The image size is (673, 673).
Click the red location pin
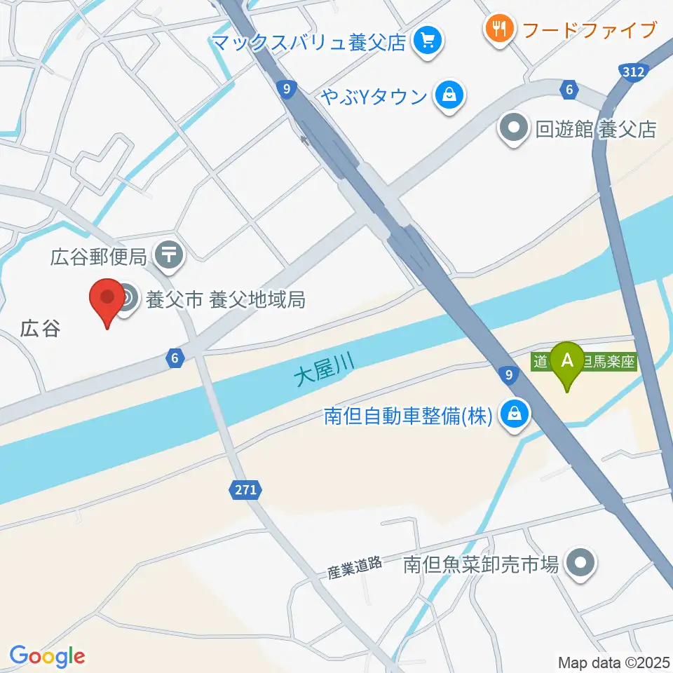(x=107, y=300)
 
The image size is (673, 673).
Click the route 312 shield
(x=634, y=72)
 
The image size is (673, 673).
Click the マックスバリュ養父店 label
(x=310, y=42)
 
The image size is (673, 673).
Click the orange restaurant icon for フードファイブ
(x=499, y=29)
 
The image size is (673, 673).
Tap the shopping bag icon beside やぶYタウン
(x=449, y=95)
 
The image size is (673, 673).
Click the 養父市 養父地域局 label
(x=225, y=300)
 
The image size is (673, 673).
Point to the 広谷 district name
(x=40, y=328)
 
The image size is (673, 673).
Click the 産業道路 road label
(x=355, y=566)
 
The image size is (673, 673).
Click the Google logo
(x=47, y=657)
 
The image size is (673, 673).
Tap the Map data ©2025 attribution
(x=613, y=661)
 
